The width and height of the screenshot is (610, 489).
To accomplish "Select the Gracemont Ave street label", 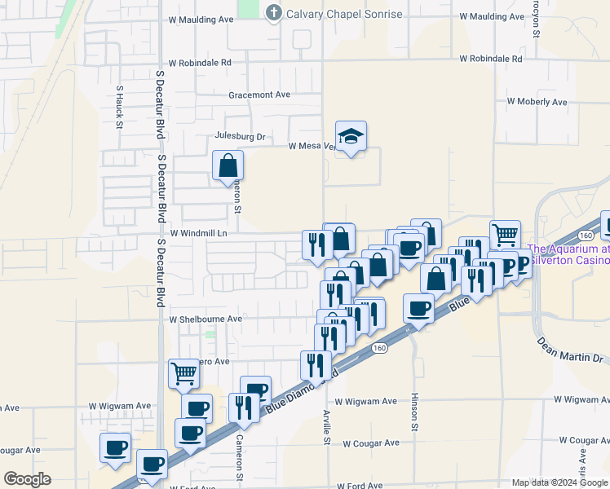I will pos(259,95).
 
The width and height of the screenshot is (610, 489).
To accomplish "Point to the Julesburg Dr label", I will pos(241,136).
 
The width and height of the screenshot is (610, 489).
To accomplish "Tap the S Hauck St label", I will pos(119,108).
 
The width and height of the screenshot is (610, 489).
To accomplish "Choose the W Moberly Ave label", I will pos(537,102).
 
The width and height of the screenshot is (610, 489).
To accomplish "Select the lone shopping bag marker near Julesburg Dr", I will pos(228,165).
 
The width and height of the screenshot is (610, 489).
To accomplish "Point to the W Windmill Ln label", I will pos(197,232).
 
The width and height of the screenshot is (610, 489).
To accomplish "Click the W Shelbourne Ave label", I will pos(206,319).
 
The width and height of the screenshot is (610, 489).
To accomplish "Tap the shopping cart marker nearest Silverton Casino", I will pos(505,235).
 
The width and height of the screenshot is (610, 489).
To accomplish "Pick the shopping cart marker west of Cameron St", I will pos(184,373).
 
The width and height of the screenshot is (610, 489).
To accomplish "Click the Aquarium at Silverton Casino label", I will pos(569,254).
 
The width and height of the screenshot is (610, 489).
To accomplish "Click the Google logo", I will pos(27,479).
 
